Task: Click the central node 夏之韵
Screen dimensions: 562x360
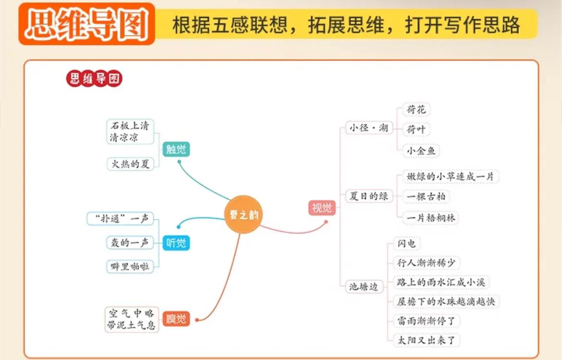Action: pos(244,215)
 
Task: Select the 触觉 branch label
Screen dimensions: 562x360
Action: pos(176,149)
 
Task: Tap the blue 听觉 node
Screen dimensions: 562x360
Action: pos(176,243)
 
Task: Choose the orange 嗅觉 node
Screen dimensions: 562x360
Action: pos(176,319)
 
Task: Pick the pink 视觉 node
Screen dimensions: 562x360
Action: pos(322,208)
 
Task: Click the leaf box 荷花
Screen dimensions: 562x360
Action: pos(416,109)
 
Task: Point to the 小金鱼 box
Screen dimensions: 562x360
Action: pos(421,151)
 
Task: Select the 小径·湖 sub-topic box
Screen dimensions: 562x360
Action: pos(369,128)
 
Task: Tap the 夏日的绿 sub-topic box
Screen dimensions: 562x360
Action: pos(369,196)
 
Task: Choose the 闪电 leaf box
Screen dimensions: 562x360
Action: pos(406,243)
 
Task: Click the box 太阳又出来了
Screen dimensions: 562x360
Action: pos(427,340)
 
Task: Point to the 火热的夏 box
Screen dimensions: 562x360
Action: pos(130,164)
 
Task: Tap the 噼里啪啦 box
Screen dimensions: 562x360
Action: pos(130,266)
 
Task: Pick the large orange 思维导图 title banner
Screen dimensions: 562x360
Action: pos(87,24)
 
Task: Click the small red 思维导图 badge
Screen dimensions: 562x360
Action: pos(94,79)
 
